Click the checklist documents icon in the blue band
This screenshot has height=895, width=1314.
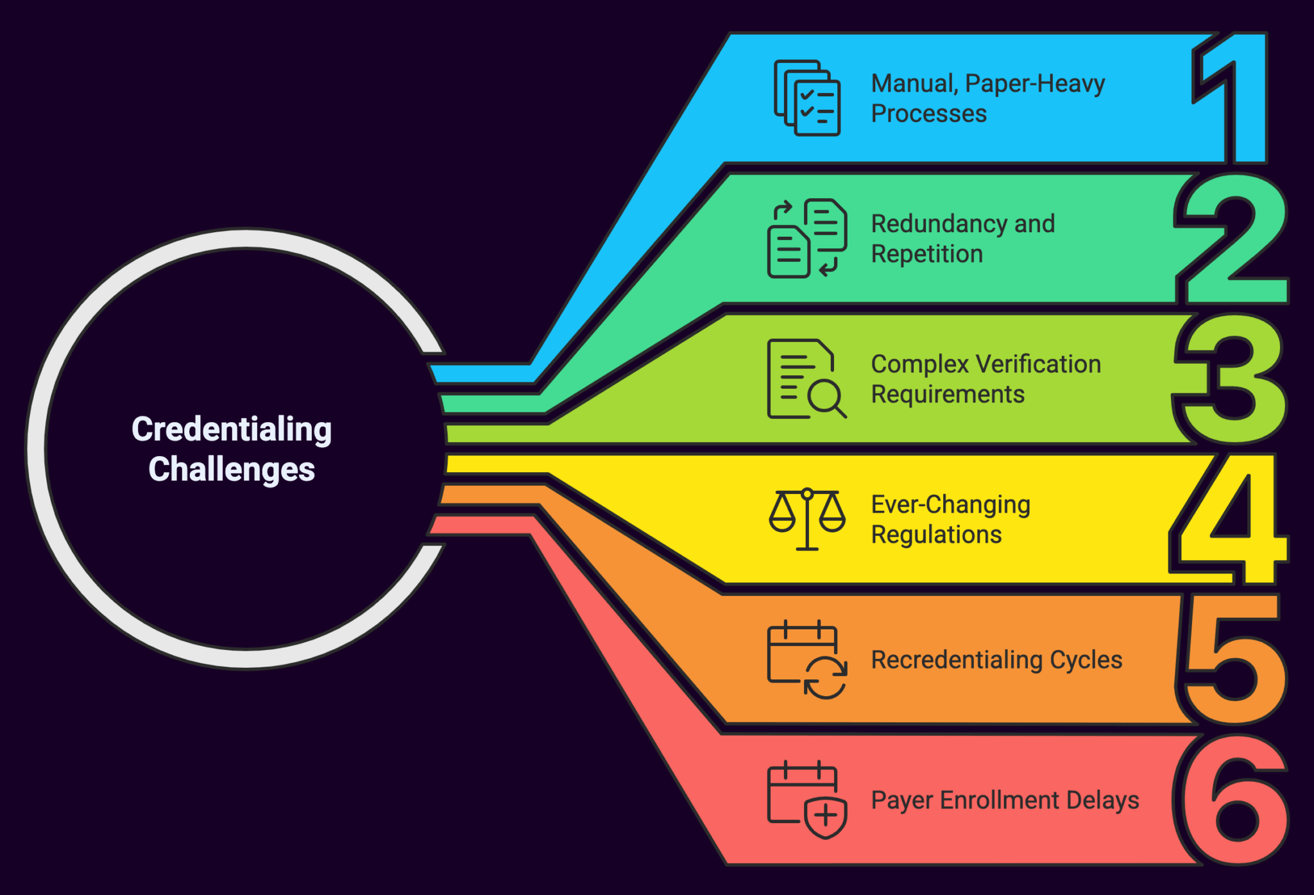[x=807, y=98]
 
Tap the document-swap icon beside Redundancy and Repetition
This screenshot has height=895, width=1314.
[x=807, y=238]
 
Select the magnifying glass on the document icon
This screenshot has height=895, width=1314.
[x=826, y=398]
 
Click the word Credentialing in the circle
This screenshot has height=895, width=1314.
[x=232, y=429]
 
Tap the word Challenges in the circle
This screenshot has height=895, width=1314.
[x=232, y=469]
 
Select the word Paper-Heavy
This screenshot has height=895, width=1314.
[x=1035, y=84]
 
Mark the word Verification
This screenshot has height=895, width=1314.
[x=1038, y=364]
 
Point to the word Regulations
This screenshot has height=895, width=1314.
[x=936, y=534]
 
